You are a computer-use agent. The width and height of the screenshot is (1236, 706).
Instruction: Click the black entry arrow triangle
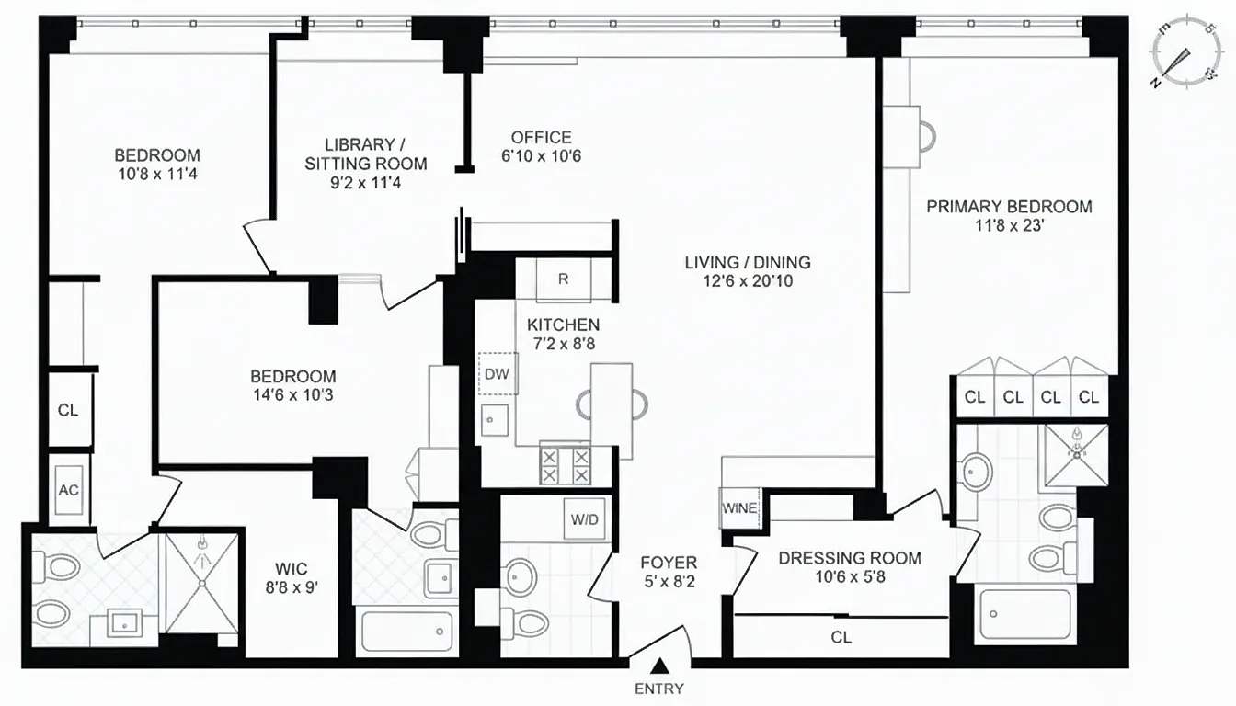(x=659, y=666)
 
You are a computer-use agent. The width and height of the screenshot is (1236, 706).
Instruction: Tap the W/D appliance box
(x=584, y=518)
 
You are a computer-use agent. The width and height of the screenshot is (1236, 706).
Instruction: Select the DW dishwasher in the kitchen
(x=498, y=373)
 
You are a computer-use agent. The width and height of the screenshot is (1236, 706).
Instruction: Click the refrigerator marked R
(x=563, y=279)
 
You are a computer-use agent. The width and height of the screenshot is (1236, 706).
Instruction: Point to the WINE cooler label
(x=739, y=508)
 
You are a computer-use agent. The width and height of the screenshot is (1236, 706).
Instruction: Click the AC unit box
(x=69, y=490)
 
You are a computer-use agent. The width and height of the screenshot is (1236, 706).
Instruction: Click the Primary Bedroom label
(x=1009, y=206)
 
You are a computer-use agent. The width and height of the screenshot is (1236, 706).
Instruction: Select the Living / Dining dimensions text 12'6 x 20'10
(x=748, y=280)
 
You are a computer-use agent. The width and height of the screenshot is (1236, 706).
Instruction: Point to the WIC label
(x=292, y=569)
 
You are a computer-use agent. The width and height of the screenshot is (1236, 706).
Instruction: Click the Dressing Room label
(x=850, y=558)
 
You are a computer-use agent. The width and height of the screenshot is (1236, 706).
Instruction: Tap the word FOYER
(x=669, y=563)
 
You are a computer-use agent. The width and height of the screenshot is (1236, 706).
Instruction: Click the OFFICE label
(x=542, y=137)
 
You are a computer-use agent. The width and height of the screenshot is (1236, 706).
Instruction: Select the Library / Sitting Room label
(x=365, y=154)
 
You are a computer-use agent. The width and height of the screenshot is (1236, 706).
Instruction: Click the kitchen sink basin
(x=495, y=421)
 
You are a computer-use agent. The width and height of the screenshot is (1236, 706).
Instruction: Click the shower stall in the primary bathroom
(x=1076, y=455)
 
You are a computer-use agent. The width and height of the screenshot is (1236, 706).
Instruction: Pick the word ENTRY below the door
(x=659, y=689)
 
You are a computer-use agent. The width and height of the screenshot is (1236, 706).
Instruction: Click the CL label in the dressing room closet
(x=841, y=638)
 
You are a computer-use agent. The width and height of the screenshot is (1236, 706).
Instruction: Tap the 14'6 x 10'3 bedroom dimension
(x=293, y=395)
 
